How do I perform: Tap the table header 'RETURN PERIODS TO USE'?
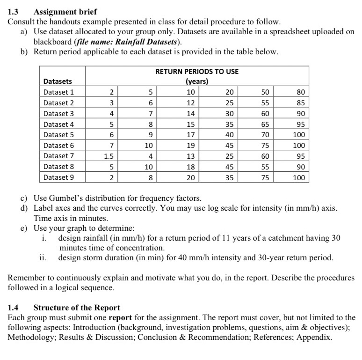click(x=196, y=71)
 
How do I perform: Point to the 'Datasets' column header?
click(x=58, y=81)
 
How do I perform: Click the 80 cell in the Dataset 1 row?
click(x=301, y=92)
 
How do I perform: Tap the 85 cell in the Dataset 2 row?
click(x=301, y=103)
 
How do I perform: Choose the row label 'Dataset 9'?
click(x=58, y=177)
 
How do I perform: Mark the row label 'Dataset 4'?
click(x=58, y=124)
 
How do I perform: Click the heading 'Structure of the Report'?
click(x=77, y=308)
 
